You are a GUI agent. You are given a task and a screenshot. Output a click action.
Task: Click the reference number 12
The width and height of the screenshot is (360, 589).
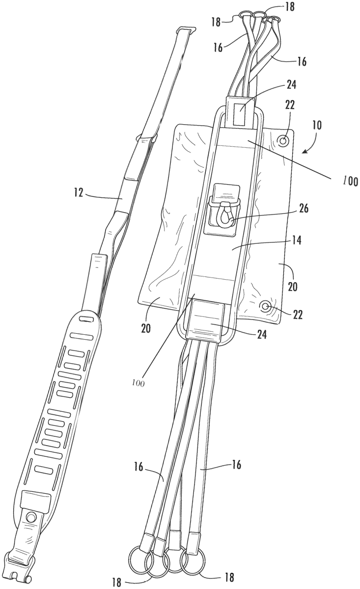(79, 193)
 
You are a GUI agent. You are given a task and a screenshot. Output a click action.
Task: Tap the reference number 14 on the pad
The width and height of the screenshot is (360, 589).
(296, 241)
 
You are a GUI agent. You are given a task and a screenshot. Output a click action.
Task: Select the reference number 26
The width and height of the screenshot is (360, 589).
(304, 209)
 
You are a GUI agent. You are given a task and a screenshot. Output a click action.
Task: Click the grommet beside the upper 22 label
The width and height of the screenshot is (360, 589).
(283, 140)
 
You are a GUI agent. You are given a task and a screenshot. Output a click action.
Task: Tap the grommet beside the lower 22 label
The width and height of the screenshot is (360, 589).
(265, 306)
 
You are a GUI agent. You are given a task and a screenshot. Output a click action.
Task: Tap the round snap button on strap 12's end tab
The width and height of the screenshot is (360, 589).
(31, 517)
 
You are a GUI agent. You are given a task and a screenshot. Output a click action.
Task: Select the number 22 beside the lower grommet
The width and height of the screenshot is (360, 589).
(298, 315)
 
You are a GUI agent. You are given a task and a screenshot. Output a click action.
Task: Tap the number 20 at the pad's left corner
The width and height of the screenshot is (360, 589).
(146, 328)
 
